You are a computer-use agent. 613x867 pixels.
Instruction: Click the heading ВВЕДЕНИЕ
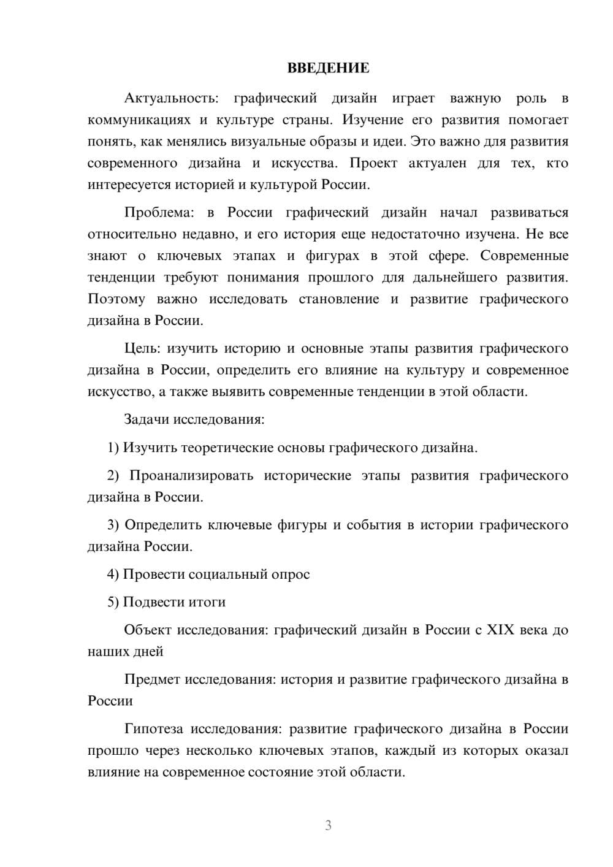pos(328,68)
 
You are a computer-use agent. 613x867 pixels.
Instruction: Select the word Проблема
pos(159,213)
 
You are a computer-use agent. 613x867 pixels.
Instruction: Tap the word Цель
pos(142,349)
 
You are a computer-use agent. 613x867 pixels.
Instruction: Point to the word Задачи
pos(147,420)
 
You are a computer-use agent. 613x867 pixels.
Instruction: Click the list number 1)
pos(113,448)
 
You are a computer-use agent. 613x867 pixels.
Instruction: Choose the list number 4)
pos(113,575)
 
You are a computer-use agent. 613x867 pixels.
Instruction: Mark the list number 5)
pos(113,602)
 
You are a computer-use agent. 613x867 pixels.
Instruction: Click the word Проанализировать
pos(191,476)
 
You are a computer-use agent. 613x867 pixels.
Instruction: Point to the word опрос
pos(290,575)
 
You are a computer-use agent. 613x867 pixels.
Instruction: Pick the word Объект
pos(148,630)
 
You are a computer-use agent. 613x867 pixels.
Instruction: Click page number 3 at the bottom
pos(328,825)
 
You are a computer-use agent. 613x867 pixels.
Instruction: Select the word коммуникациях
pos(137,120)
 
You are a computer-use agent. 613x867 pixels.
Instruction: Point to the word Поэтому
pos(116,299)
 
